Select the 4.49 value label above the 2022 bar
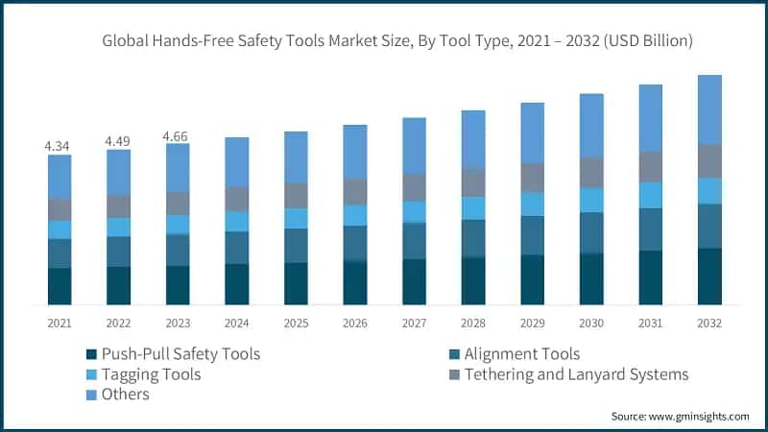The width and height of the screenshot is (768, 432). (x=119, y=142)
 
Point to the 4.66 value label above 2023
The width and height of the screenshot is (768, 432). (x=178, y=136)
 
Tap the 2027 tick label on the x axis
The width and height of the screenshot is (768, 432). (x=414, y=324)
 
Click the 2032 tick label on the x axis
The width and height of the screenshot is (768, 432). (x=709, y=324)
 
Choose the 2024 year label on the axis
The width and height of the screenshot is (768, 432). (x=237, y=324)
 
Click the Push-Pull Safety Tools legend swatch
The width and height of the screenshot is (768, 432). (x=92, y=354)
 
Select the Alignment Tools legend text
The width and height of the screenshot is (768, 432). (x=521, y=354)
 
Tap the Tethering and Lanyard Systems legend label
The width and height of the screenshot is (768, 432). (x=576, y=374)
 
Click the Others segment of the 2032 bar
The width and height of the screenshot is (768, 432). (x=709, y=109)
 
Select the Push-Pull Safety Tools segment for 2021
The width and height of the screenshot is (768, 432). (x=60, y=286)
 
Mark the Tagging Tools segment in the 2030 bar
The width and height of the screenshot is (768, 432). (x=591, y=200)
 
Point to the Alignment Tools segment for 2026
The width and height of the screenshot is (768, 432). (x=355, y=243)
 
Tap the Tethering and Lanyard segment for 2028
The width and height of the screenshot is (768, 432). (x=473, y=182)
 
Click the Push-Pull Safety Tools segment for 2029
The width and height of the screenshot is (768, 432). (x=533, y=279)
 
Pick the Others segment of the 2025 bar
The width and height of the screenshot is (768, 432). (x=296, y=156)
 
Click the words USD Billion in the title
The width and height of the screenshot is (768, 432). (x=641, y=41)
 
